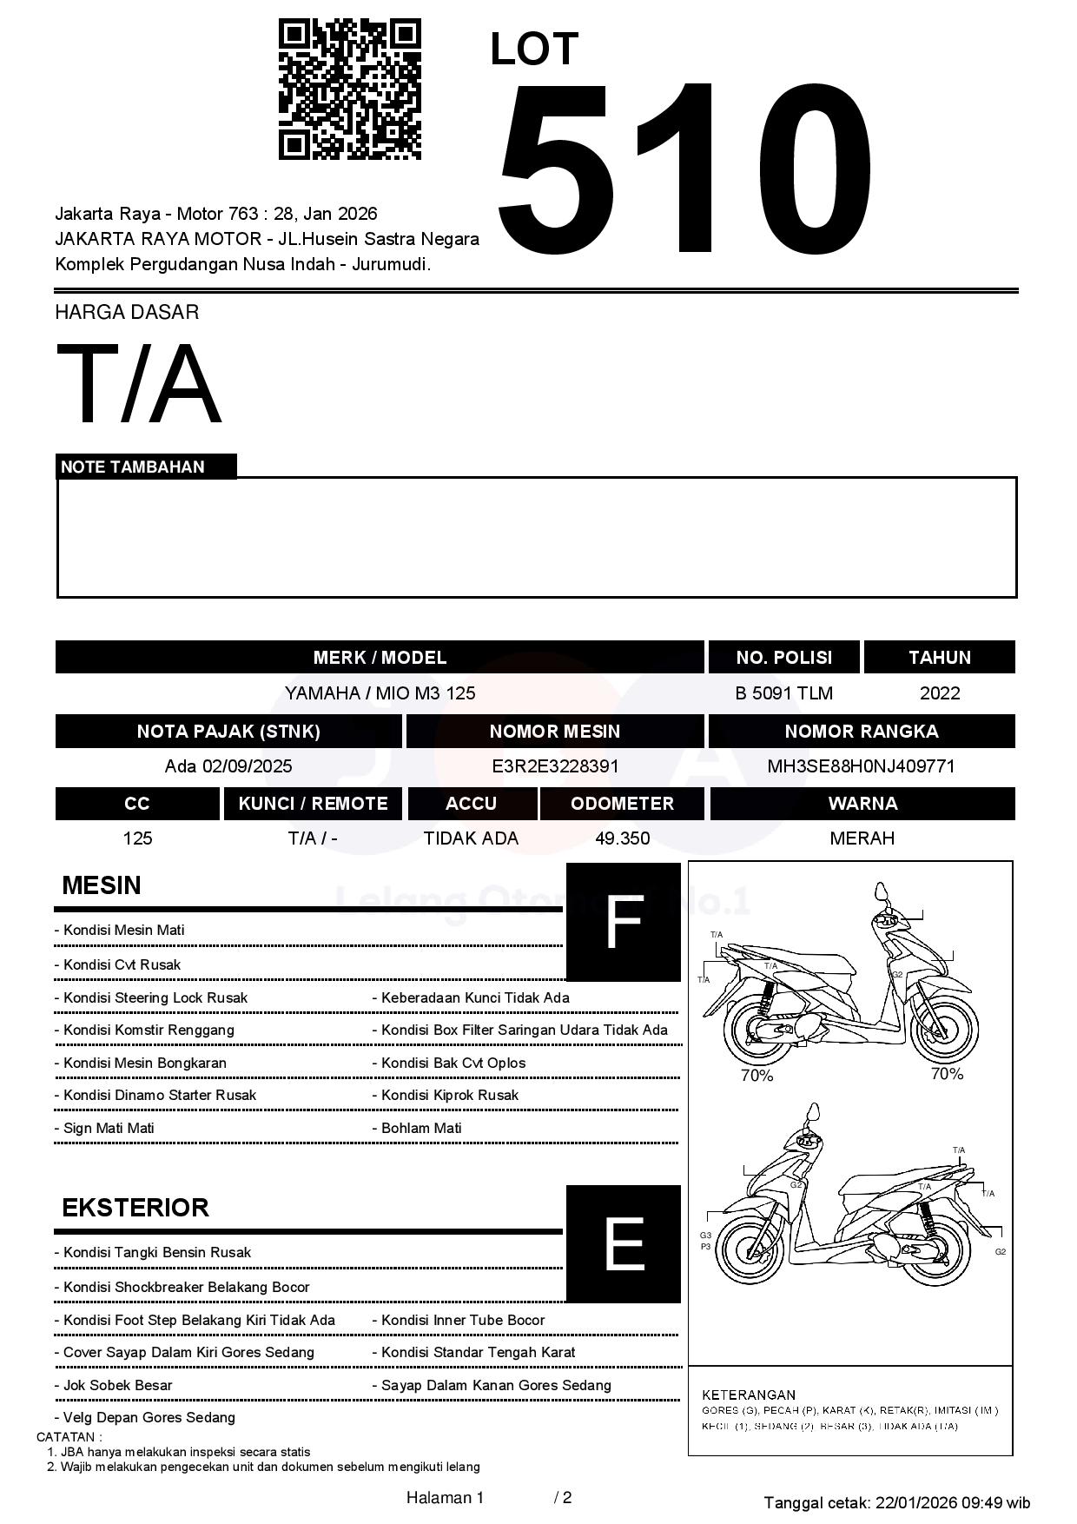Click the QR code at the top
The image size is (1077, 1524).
(349, 89)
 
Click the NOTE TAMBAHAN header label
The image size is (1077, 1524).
(133, 467)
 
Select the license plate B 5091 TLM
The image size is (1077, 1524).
(783, 693)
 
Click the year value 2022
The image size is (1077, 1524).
(940, 693)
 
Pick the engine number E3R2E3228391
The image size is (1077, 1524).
(555, 766)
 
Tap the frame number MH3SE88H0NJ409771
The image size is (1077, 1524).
(861, 766)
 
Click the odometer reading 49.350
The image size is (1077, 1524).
(622, 838)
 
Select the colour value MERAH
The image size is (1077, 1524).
(862, 838)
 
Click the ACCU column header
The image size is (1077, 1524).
(471, 804)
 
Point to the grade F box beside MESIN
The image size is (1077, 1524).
(623, 922)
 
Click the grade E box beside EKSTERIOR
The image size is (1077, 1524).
(623, 1244)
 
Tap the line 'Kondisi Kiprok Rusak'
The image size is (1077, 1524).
(450, 1096)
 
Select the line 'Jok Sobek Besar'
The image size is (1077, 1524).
(118, 1385)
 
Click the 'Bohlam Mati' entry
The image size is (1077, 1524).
(422, 1128)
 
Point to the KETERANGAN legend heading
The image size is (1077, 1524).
(749, 1395)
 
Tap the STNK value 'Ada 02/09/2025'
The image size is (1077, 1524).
(228, 766)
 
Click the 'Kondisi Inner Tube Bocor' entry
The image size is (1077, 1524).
(463, 1320)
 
